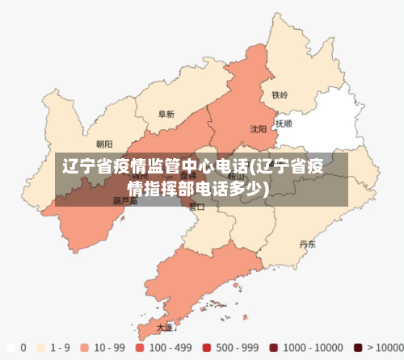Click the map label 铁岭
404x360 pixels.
pyautogui.click(x=280, y=95)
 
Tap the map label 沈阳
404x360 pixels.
pyautogui.click(x=259, y=128)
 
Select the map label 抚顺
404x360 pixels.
pyautogui.click(x=284, y=124)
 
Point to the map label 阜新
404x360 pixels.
pyautogui.click(x=166, y=115)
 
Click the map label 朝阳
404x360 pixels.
pyautogui.click(x=104, y=144)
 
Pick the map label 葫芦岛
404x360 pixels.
pyautogui.click(x=125, y=201)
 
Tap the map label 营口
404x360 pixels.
pyautogui.click(x=196, y=207)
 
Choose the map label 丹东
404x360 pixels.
pyautogui.click(x=307, y=243)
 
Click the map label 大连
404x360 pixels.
pyautogui.click(x=165, y=327)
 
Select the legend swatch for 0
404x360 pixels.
pyautogui.click(x=11, y=348)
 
